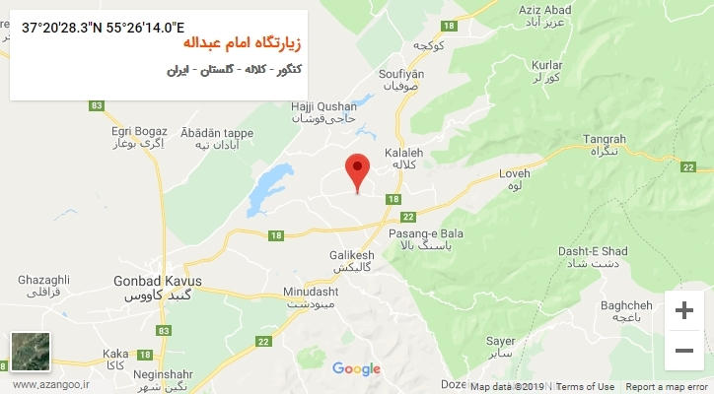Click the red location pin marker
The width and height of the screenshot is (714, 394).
(357, 168)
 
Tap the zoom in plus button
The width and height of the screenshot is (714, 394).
(683, 310)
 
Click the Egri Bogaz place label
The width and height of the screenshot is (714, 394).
(137, 130)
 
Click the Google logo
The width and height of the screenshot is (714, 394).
(356, 369)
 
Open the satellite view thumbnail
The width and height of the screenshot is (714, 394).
(30, 352)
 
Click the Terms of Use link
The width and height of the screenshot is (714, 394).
(588, 387)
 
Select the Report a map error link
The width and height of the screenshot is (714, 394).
(666, 387)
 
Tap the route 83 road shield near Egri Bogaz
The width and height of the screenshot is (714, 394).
(96, 105)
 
